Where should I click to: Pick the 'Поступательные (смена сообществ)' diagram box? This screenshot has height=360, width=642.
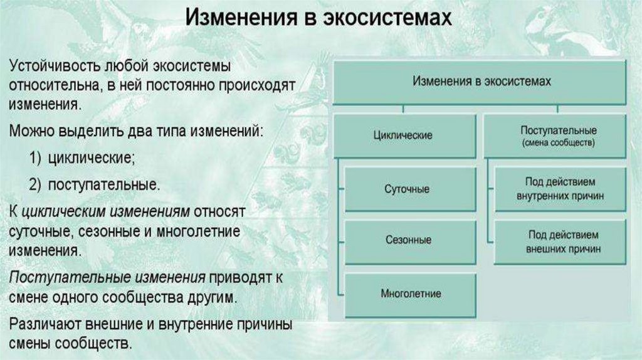pyautogui.click(x=558, y=135)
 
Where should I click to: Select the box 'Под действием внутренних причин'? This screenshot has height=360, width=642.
pyautogui.click(x=560, y=188)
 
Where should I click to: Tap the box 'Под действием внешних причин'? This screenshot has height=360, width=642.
pyautogui.click(x=560, y=241)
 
